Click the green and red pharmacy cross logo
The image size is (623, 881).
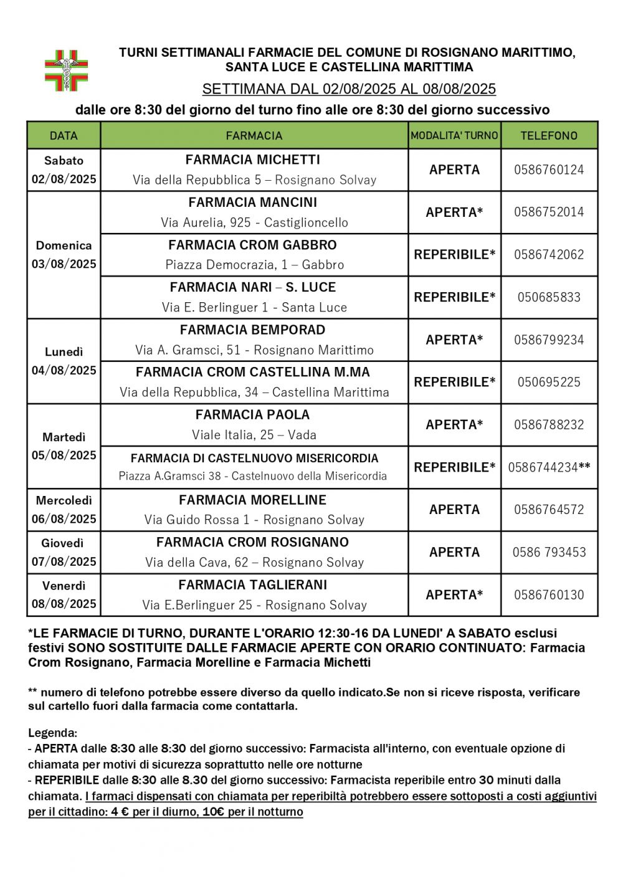(66, 70)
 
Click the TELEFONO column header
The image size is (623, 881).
(549, 135)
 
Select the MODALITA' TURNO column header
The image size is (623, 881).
(454, 135)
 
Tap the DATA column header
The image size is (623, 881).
(64, 135)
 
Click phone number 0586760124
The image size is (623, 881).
(549, 169)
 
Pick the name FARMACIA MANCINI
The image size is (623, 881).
(253, 202)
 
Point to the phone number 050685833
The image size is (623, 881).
(549, 297)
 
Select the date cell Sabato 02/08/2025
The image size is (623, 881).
(64, 169)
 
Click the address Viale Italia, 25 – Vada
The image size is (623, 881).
(254, 435)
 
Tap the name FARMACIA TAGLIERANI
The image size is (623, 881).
(253, 585)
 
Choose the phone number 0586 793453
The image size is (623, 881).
(549, 552)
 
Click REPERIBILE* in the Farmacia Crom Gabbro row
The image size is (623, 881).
(454, 255)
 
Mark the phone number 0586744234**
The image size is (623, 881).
(549, 467)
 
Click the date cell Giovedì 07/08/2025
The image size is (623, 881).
(64, 552)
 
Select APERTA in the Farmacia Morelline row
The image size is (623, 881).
(454, 510)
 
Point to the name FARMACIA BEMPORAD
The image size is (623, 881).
(253, 330)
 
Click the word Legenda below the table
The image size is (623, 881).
(52, 733)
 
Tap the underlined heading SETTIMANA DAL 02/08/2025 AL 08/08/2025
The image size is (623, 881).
(349, 89)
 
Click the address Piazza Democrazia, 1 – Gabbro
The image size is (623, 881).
(254, 265)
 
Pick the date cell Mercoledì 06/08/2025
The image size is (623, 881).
(64, 510)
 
